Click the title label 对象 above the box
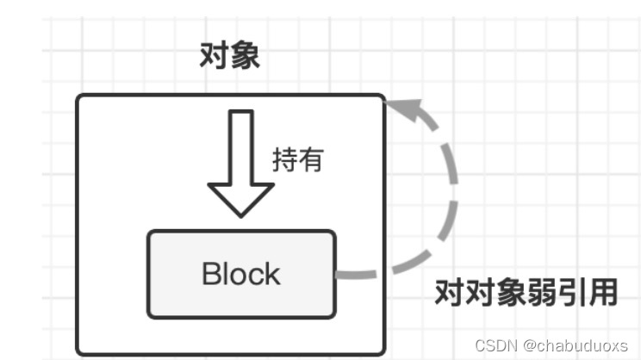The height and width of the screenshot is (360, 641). click(229, 57)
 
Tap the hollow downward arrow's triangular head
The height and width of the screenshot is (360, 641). click(241, 201)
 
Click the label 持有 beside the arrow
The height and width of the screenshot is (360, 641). click(297, 160)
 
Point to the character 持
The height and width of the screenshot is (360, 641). click(285, 160)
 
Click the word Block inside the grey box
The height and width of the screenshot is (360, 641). click(240, 274)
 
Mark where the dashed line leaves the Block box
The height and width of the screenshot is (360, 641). click(338, 276)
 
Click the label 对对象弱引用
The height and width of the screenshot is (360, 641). click(525, 292)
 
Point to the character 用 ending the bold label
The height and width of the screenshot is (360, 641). click(604, 292)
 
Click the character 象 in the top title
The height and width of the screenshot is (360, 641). click(245, 57)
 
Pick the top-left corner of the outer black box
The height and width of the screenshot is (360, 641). click(78, 96)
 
